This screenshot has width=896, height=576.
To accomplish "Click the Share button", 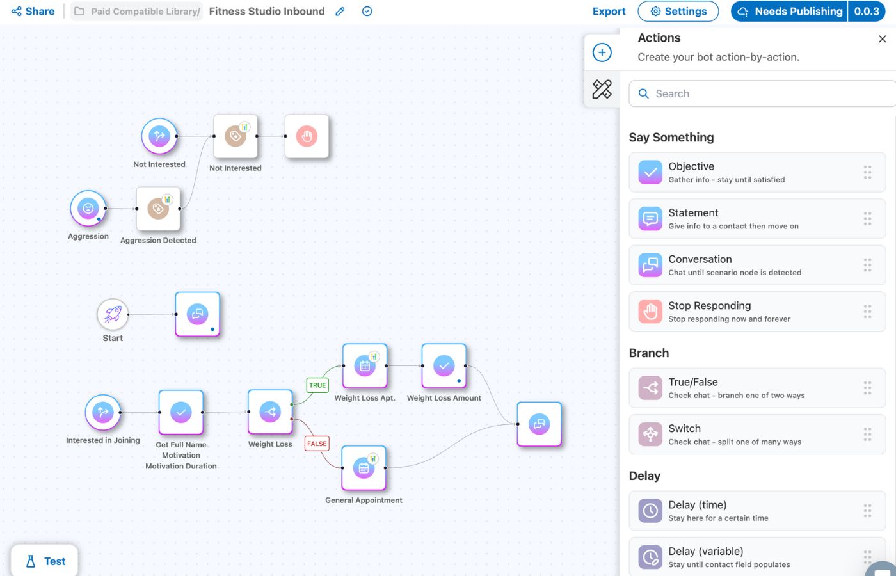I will pyautogui.click(x=33, y=12).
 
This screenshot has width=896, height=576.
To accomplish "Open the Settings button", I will pyautogui.click(x=678, y=12).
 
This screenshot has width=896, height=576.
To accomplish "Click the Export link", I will pyautogui.click(x=609, y=12).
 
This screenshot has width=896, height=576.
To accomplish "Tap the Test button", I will pyautogui.click(x=45, y=561).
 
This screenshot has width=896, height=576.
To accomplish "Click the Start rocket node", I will pyautogui.click(x=113, y=314).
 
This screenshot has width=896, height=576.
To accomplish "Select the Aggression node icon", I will pyautogui.click(x=88, y=208).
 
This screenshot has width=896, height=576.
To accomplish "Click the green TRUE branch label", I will pyautogui.click(x=317, y=385).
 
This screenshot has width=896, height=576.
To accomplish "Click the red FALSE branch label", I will pyautogui.click(x=317, y=444).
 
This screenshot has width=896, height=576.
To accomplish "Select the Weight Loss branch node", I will pyautogui.click(x=270, y=412).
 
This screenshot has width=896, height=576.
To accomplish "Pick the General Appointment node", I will pyautogui.click(x=364, y=468).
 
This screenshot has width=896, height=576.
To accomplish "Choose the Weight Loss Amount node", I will pyautogui.click(x=444, y=366).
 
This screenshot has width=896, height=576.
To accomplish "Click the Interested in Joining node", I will pyautogui.click(x=103, y=412).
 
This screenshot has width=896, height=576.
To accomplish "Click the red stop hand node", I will pyautogui.click(x=307, y=136).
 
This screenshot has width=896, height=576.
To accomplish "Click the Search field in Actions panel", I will pyautogui.click(x=762, y=93).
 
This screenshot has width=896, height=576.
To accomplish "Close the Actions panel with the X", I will pyautogui.click(x=882, y=39).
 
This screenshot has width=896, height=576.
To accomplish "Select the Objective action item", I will pyautogui.click(x=756, y=172).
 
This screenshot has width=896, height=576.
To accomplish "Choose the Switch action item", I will pyautogui.click(x=756, y=435).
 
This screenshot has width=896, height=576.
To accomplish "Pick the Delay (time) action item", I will pyautogui.click(x=756, y=511).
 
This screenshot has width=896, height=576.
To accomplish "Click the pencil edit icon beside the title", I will pyautogui.click(x=340, y=12).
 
